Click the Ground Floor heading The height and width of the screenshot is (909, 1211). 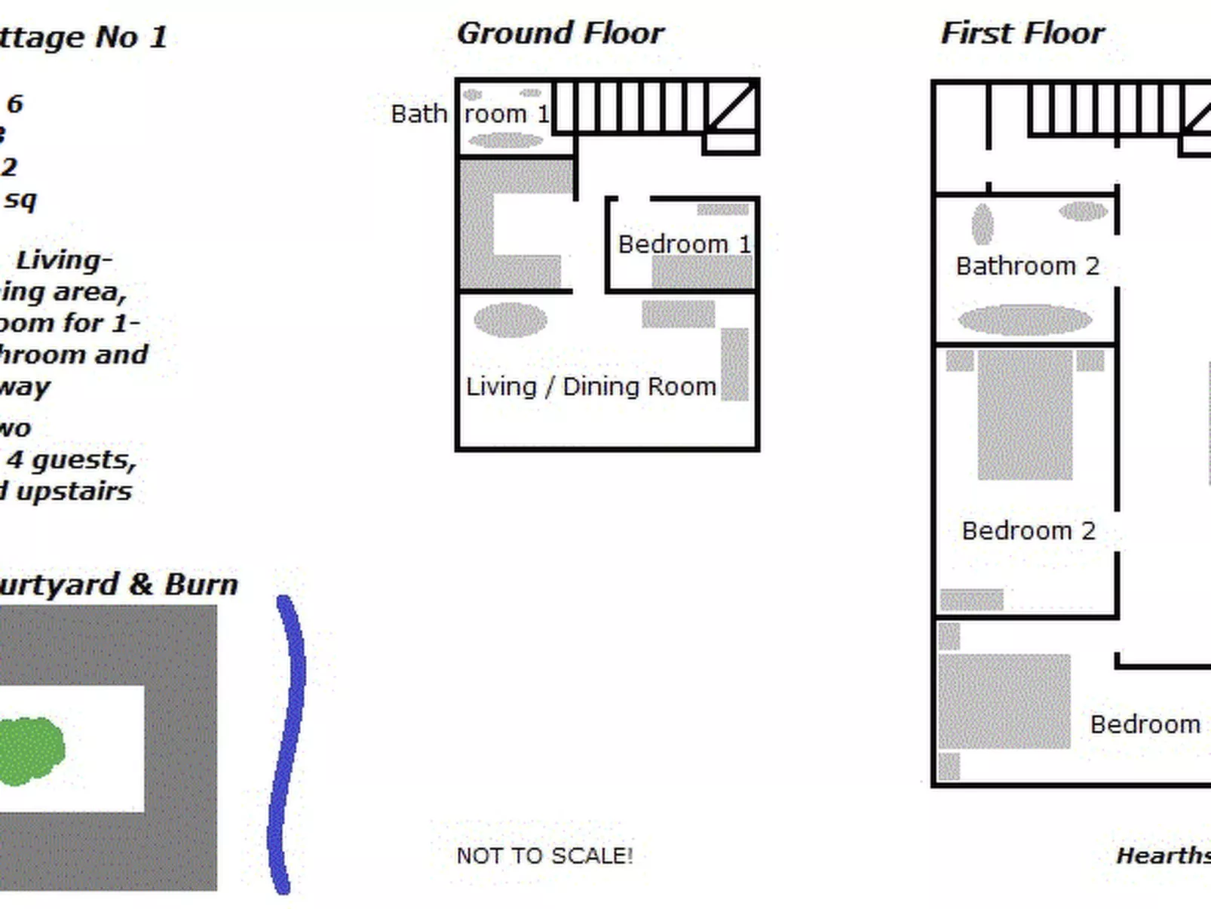pyautogui.click(x=560, y=34)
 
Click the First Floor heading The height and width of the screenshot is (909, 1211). pyautogui.click(x=1022, y=34)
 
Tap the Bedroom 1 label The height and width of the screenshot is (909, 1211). pyautogui.click(x=684, y=244)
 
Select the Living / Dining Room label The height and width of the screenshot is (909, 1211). pyautogui.click(x=590, y=387)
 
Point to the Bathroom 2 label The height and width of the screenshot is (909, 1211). pyautogui.click(x=1027, y=266)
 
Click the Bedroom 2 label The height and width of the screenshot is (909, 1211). pyautogui.click(x=1028, y=531)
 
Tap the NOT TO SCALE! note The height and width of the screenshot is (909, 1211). pyautogui.click(x=544, y=856)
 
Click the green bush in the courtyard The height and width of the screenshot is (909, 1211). pyautogui.click(x=30, y=751)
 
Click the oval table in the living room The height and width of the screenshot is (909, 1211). pyautogui.click(x=510, y=320)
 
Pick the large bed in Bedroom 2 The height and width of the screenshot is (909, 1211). pyautogui.click(x=1025, y=415)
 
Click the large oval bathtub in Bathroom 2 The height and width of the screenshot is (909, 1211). pyautogui.click(x=1025, y=320)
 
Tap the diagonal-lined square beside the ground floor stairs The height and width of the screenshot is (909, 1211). pyautogui.click(x=731, y=107)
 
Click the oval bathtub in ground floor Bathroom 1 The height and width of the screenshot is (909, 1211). pyautogui.click(x=505, y=140)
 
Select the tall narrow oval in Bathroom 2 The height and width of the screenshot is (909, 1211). pyautogui.click(x=982, y=224)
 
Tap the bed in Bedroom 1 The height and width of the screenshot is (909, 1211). pyautogui.click(x=702, y=272)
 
